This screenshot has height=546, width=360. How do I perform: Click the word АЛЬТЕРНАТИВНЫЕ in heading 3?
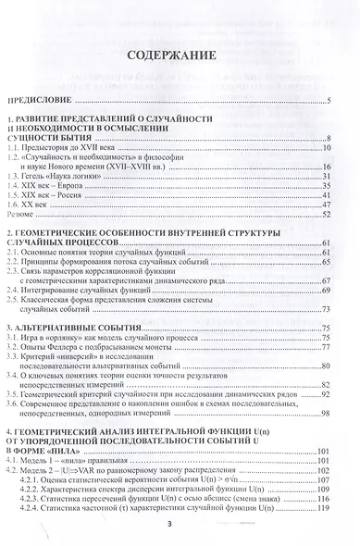point(65,354)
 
